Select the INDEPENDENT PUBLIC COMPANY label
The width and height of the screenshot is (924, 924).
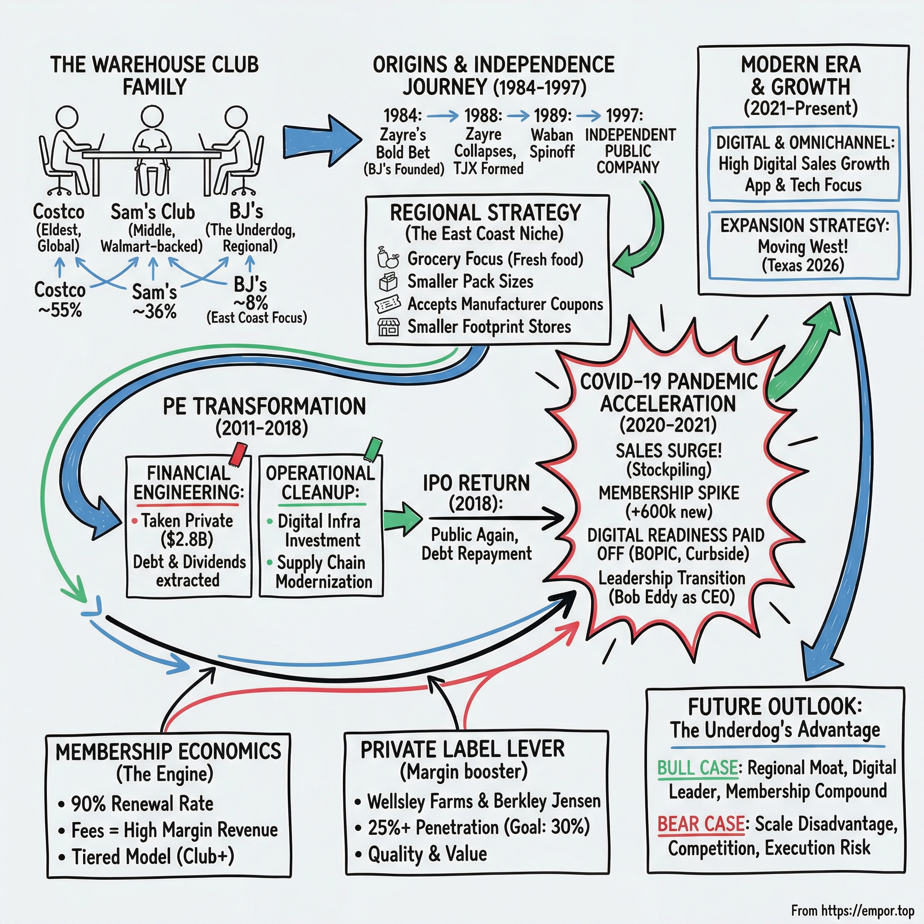tap(629, 151)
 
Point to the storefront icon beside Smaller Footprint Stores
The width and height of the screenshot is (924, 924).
tap(388, 327)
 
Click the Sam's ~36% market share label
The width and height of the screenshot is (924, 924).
tap(154, 301)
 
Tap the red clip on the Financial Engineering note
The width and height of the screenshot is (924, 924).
tap(238, 453)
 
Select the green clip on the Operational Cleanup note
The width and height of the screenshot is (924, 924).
tap(373, 448)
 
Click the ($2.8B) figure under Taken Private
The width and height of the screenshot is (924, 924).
tap(187, 540)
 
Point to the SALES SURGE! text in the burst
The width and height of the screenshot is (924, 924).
tap(669, 451)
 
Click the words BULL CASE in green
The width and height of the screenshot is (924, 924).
tap(698, 767)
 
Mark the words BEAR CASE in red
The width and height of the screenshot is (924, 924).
tap(701, 824)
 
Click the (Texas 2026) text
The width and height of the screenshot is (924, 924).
tap(803, 265)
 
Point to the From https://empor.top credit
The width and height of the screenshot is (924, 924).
tap(852, 910)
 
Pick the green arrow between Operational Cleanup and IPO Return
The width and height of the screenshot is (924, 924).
tap(403, 518)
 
